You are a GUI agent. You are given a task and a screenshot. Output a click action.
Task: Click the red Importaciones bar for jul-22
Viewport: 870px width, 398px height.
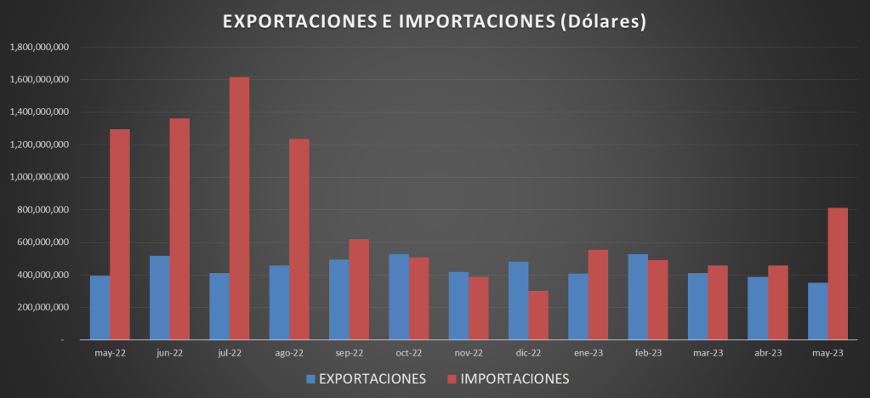pyautogui.click(x=239, y=208)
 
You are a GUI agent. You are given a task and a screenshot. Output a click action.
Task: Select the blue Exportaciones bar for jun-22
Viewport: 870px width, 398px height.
pyautogui.click(x=159, y=298)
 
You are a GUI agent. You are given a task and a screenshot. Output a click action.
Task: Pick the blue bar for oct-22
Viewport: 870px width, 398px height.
pyautogui.click(x=458, y=297)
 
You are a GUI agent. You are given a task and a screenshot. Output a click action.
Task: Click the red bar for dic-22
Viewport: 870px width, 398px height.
pyautogui.click(x=538, y=316)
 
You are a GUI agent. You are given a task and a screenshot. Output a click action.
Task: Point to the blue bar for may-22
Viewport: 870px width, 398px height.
pyautogui.click(x=100, y=307)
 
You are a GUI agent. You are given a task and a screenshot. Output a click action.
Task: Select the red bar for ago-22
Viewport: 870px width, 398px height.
pyautogui.click(x=299, y=239)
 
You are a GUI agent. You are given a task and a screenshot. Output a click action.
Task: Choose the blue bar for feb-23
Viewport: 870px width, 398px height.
pyautogui.click(x=638, y=297)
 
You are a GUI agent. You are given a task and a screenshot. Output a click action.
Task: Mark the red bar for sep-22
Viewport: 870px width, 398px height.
pyautogui.click(x=359, y=289)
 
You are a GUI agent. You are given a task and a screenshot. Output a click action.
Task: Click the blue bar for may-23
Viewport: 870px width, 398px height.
pyautogui.click(x=817, y=311)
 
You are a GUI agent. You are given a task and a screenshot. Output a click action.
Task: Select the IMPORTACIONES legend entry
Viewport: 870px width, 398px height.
pyautogui.click(x=507, y=378)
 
